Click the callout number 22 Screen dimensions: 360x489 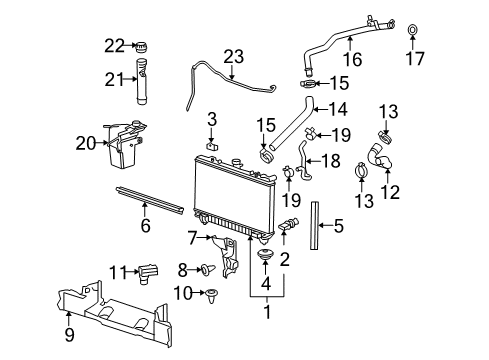(115, 44)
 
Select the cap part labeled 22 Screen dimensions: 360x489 (141, 47)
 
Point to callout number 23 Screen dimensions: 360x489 (233, 57)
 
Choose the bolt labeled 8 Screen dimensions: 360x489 (206, 268)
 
